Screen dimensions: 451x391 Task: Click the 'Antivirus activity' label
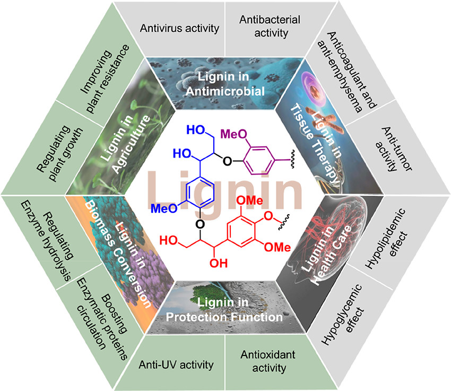[x=179, y=28]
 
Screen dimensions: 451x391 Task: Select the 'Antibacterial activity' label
[x=270, y=26]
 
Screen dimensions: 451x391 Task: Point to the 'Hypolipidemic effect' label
[x=386, y=239]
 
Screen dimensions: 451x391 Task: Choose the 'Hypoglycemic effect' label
[x=343, y=315]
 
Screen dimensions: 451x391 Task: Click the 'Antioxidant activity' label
[x=268, y=361]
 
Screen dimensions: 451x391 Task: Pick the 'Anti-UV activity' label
[x=176, y=365]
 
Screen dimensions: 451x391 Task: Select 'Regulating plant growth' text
[x=60, y=153]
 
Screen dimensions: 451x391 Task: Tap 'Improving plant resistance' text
[x=105, y=79]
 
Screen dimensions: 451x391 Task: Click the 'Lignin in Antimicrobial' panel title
[x=225, y=84]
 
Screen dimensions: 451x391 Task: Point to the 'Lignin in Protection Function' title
[x=224, y=310]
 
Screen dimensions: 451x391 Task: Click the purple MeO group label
[x=233, y=134]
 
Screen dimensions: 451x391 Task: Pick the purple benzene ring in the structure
[x=258, y=161]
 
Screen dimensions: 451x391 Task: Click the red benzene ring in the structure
[x=241, y=231]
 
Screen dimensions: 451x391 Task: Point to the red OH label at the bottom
[x=219, y=263]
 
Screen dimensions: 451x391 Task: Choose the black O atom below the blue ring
[x=200, y=224]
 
